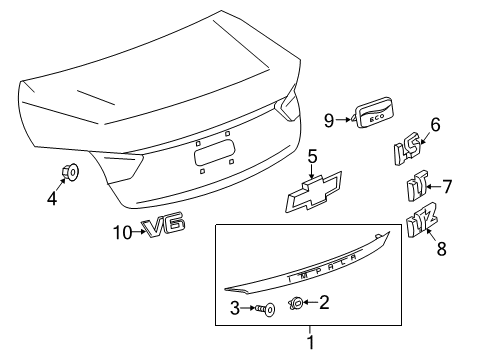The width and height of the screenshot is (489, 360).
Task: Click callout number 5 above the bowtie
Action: (x=312, y=156)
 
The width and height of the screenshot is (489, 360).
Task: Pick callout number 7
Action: (x=447, y=185)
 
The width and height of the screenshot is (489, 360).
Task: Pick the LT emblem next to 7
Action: (x=414, y=186)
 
